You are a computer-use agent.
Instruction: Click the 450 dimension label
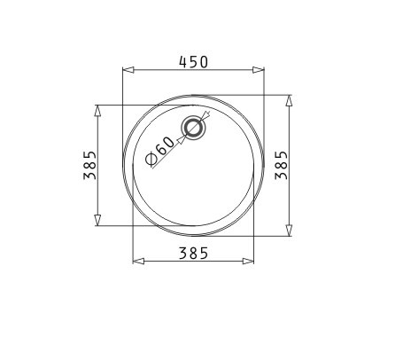point(194,62)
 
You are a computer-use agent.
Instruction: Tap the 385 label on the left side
point(90,165)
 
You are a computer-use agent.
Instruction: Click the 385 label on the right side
point(281,165)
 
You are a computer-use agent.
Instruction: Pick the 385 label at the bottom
point(194,254)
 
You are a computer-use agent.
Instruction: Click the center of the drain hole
point(193,128)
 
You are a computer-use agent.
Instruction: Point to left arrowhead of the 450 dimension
point(128,70)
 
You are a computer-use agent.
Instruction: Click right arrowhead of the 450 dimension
point(259,70)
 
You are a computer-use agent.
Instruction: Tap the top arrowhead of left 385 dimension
point(97,111)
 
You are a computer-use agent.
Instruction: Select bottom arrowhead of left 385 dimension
point(97,220)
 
